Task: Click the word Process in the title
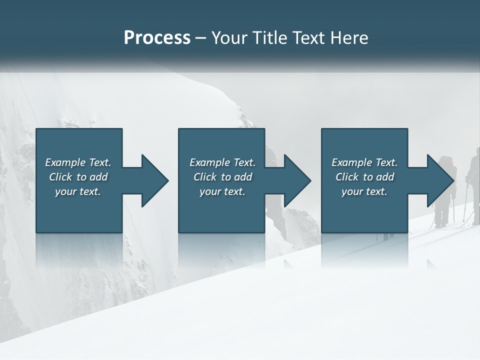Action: tap(157, 38)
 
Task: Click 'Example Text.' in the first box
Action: tap(78, 162)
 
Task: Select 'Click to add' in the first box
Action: tap(78, 177)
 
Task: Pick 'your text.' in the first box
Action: tap(78, 191)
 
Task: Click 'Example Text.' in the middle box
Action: tap(222, 162)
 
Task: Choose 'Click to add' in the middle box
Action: tap(222, 177)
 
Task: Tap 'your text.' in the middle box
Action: tap(222, 191)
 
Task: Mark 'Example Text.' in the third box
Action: tap(364, 162)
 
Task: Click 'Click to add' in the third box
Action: tap(364, 177)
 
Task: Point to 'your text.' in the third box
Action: tap(364, 191)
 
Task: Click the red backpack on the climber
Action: tap(447, 162)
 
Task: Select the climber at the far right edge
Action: tap(473, 185)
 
